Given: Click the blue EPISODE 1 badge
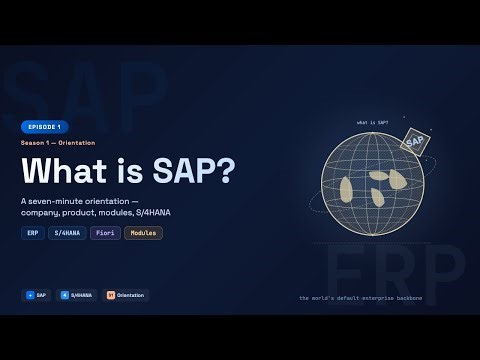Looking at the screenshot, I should (45, 127).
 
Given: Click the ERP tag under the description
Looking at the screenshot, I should (32, 233).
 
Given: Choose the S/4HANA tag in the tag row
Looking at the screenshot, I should (66, 233).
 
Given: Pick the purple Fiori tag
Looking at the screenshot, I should (104, 233).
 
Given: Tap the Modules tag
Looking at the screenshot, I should (143, 233).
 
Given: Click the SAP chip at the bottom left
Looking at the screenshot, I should (37, 295).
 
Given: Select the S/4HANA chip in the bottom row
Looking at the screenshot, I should (76, 295).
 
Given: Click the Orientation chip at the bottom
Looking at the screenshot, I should (125, 295).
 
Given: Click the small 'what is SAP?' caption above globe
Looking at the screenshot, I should (372, 123).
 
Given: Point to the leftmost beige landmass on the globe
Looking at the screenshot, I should (347, 191).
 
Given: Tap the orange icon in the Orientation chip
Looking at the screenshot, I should (111, 295).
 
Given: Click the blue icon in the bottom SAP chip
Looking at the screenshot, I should (30, 295).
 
